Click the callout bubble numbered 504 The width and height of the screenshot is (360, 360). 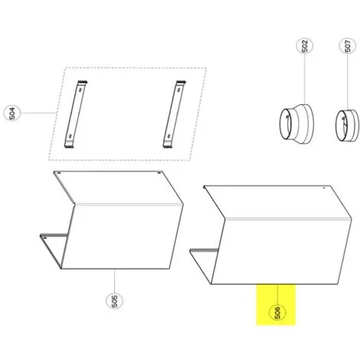(12, 113)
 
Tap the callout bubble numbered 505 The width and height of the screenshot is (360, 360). (114, 301)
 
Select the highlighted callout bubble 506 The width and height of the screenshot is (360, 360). (277, 313)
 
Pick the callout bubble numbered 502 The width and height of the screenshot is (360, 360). (305, 46)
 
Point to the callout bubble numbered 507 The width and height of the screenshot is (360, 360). (348, 46)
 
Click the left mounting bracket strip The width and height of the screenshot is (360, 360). (76, 114)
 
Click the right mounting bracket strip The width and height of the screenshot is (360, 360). (174, 114)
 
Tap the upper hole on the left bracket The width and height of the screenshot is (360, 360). (80, 90)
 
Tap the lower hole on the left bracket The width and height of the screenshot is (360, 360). (70, 136)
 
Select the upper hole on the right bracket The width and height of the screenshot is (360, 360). (178, 90)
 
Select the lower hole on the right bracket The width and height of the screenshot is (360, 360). (169, 136)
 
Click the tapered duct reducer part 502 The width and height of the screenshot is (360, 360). (296, 124)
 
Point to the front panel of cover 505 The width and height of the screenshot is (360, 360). (123, 236)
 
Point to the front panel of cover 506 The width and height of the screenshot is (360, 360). (282, 251)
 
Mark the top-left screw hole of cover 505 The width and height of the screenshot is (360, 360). (59, 173)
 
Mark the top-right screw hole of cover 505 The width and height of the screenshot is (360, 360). (159, 173)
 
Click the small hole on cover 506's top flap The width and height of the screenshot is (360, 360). (324, 188)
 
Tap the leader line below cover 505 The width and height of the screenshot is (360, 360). (114, 281)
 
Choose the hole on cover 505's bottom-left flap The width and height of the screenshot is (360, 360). (46, 237)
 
